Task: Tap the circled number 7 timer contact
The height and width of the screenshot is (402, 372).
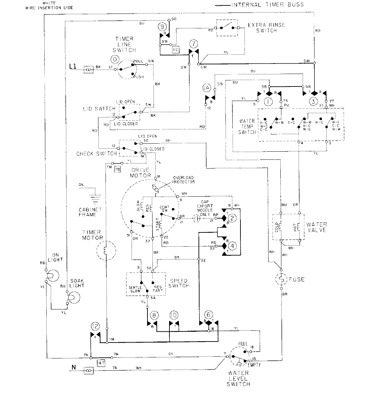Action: coord(193,44)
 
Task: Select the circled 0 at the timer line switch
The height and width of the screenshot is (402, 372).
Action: coord(115,59)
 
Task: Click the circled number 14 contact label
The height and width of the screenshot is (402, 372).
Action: coord(207,89)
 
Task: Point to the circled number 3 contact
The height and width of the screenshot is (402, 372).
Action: coord(313,101)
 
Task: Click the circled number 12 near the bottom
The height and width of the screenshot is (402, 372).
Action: coord(96,326)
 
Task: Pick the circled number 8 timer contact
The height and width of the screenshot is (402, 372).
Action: coord(155,315)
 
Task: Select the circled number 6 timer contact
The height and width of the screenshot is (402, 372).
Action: coord(209,315)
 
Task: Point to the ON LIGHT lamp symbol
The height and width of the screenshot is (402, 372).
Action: coord(52,276)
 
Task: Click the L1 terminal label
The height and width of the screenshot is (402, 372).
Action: coord(72,67)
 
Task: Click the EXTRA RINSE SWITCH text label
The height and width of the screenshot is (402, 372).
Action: coord(266,28)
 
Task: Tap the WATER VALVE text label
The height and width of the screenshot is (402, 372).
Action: coord(317,227)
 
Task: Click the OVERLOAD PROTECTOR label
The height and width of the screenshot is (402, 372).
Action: coord(184,179)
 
